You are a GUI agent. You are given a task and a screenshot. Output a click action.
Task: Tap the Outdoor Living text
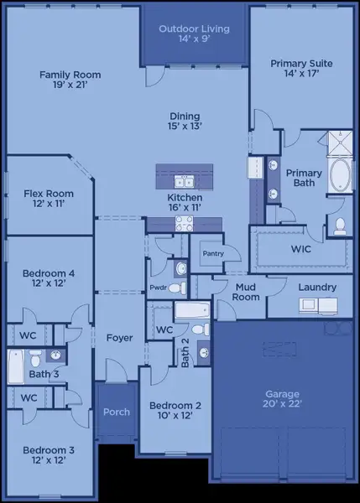(x=194, y=34)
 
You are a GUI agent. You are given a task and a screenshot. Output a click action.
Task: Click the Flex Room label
(x=48, y=199)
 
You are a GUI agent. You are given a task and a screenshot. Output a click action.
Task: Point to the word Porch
(x=117, y=412)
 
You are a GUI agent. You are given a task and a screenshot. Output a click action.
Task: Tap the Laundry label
(x=317, y=288)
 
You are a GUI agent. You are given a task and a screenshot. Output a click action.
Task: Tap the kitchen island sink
(x=183, y=181)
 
